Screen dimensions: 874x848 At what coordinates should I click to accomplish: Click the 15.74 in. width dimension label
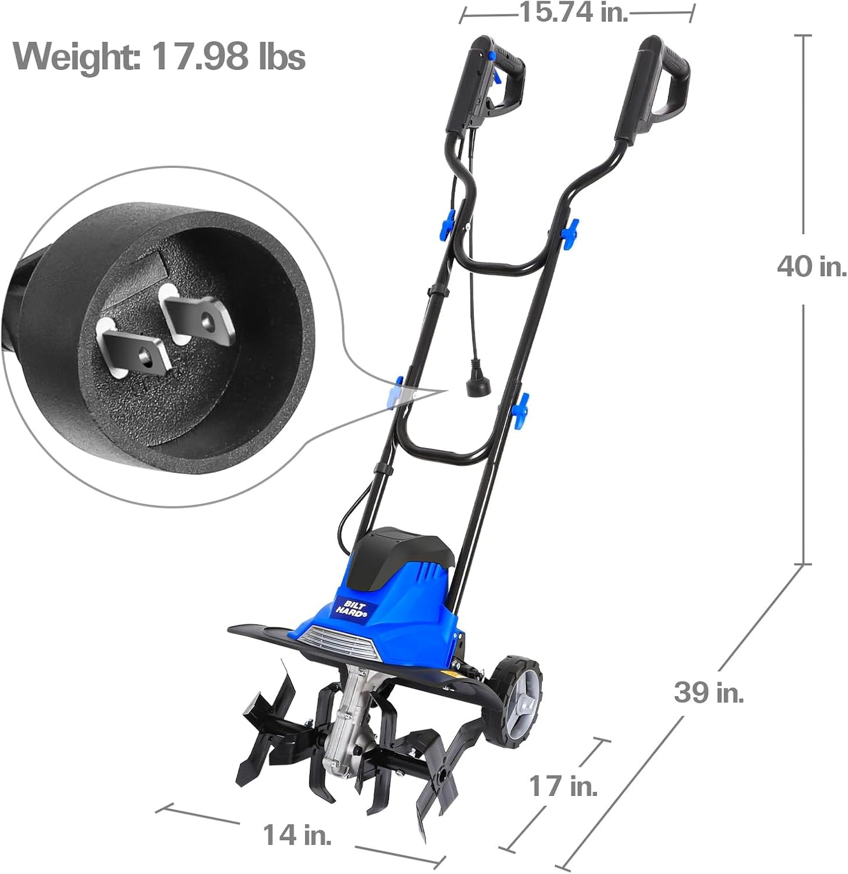coord(574,12)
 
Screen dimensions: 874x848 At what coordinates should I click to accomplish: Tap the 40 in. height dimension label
coord(812,267)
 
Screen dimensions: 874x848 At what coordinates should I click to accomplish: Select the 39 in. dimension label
coord(708,693)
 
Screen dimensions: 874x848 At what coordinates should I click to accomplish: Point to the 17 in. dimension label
coord(563,786)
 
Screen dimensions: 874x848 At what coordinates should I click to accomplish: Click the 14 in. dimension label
coord(296,835)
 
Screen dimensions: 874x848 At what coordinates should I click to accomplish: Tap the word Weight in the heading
coord(75,58)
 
